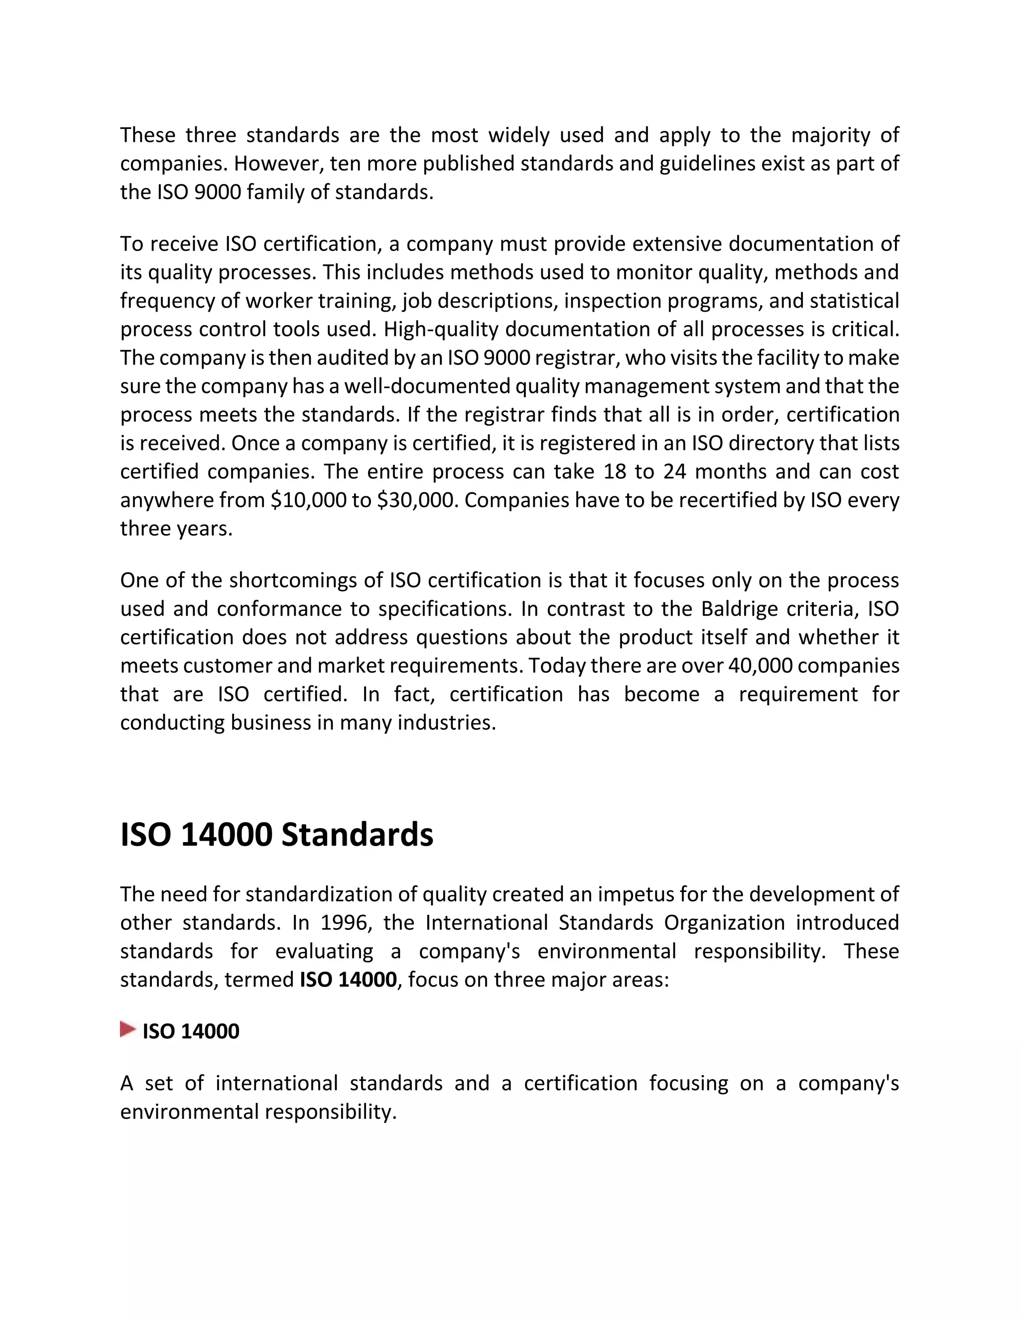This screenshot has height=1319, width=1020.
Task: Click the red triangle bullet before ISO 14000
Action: [x=127, y=1029]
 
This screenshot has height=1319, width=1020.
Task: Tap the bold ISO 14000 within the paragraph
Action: [x=348, y=979]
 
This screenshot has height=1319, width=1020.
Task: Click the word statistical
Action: [x=854, y=301]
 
